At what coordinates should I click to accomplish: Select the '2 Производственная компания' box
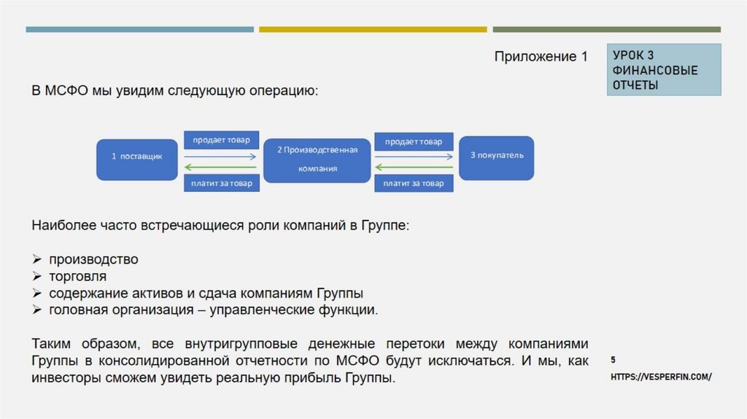coord(317,159)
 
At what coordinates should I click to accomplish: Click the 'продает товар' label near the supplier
coord(221,139)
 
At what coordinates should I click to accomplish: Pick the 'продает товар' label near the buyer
coord(414,141)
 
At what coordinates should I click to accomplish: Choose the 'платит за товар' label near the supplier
coord(221,183)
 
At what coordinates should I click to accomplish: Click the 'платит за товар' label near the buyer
coord(414,183)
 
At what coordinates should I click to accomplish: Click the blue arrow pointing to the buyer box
coord(414,156)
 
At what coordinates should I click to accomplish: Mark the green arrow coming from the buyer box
coord(414,168)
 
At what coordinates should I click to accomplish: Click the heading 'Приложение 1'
coord(541,57)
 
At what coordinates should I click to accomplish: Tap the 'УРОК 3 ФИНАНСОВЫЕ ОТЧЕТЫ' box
coord(664,70)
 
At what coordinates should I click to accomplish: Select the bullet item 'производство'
coord(93,259)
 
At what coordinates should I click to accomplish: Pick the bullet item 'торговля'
coord(78,277)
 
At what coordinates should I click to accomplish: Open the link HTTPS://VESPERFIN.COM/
coord(660,377)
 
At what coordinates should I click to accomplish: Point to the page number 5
coord(613,360)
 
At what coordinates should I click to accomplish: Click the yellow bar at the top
coord(373,29)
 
